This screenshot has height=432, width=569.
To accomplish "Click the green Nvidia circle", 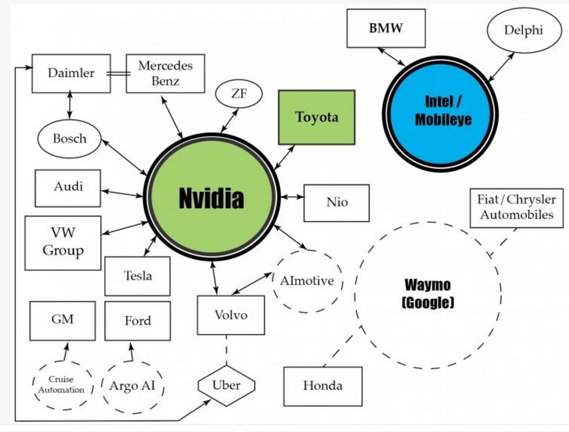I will pos(211,198).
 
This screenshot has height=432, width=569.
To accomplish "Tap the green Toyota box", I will pos(317,117).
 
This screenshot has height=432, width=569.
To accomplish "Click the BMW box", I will pos(386,29).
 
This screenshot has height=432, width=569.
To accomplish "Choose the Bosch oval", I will pos(70,138).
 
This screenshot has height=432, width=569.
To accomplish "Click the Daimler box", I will pos(71,73).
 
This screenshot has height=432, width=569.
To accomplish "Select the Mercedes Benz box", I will pos(165,73).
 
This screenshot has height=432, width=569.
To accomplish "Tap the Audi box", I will pos(68,187).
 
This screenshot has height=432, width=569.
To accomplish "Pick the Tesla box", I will pos(138,276).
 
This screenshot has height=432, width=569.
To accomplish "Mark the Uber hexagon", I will pos(226,385).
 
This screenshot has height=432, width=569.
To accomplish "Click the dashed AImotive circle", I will pos(307,281).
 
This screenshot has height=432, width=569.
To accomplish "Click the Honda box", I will pos(323,386).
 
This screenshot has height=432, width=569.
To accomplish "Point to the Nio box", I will pos(337,203).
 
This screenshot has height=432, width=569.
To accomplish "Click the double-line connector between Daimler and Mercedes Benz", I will pos(118,74).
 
